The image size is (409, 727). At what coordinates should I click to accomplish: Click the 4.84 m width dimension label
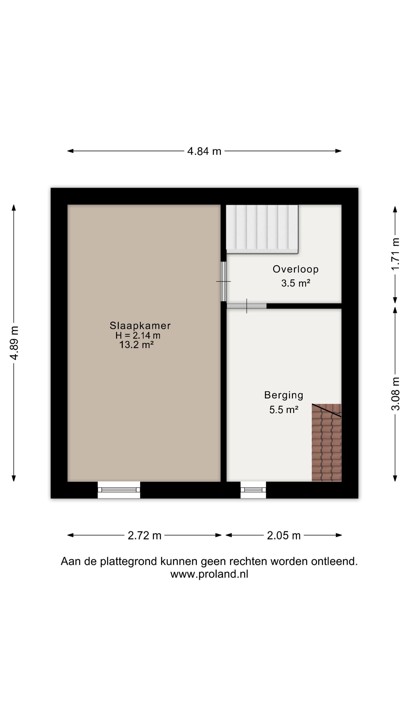tap(204, 151)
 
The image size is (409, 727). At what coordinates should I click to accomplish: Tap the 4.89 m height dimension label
tap(14, 343)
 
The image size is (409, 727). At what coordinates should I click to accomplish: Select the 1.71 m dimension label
tap(395, 254)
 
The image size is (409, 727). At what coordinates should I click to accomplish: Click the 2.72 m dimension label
tap(144, 535)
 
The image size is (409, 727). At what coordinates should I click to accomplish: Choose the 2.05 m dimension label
tap(284, 535)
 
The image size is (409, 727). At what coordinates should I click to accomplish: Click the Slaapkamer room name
tap(140, 326)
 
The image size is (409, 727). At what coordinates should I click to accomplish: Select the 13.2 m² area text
tap(136, 345)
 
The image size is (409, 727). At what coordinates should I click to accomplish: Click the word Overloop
tap(296, 269)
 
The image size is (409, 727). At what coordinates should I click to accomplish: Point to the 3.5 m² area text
tap(296, 283)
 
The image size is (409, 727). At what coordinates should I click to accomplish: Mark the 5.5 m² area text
tap(284, 410)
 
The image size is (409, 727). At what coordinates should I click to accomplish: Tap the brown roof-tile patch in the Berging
tap(327, 443)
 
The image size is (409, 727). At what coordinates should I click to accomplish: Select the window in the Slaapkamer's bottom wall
tap(119, 490)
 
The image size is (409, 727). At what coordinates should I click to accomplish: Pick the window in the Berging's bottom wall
tap(253, 490)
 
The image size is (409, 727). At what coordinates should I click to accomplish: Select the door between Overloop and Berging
tap(247, 306)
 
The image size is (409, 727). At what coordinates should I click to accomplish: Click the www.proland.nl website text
tap(209, 574)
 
